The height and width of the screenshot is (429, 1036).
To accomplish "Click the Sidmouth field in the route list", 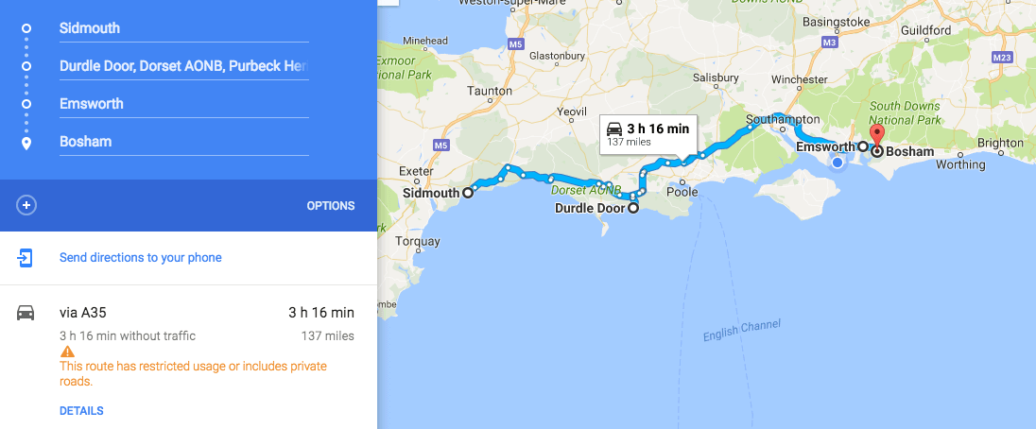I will click(x=180, y=28).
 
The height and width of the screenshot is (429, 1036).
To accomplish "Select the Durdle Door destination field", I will click(x=180, y=66).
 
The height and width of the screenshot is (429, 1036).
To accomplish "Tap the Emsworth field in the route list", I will click(x=180, y=104).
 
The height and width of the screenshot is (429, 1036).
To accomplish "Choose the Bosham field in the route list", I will click(x=180, y=142).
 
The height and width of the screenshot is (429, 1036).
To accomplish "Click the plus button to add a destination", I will click(x=26, y=205).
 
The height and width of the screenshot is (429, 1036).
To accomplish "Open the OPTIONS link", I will click(x=330, y=206).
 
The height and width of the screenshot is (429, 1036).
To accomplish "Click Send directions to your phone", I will click(x=140, y=257).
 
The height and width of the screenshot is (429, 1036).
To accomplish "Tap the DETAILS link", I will click(x=81, y=411).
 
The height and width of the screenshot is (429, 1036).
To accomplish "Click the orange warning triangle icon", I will click(x=66, y=352).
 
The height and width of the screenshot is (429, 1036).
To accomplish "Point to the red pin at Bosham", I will click(x=876, y=136).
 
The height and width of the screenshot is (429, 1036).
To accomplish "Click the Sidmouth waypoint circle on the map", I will click(x=467, y=193).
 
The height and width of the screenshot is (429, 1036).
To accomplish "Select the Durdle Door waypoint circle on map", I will click(x=632, y=209).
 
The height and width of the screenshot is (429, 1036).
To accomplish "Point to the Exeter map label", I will click(x=416, y=171).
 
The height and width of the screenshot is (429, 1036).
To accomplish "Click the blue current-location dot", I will click(x=837, y=163).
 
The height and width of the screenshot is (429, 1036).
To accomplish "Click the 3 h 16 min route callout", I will click(x=649, y=134).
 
